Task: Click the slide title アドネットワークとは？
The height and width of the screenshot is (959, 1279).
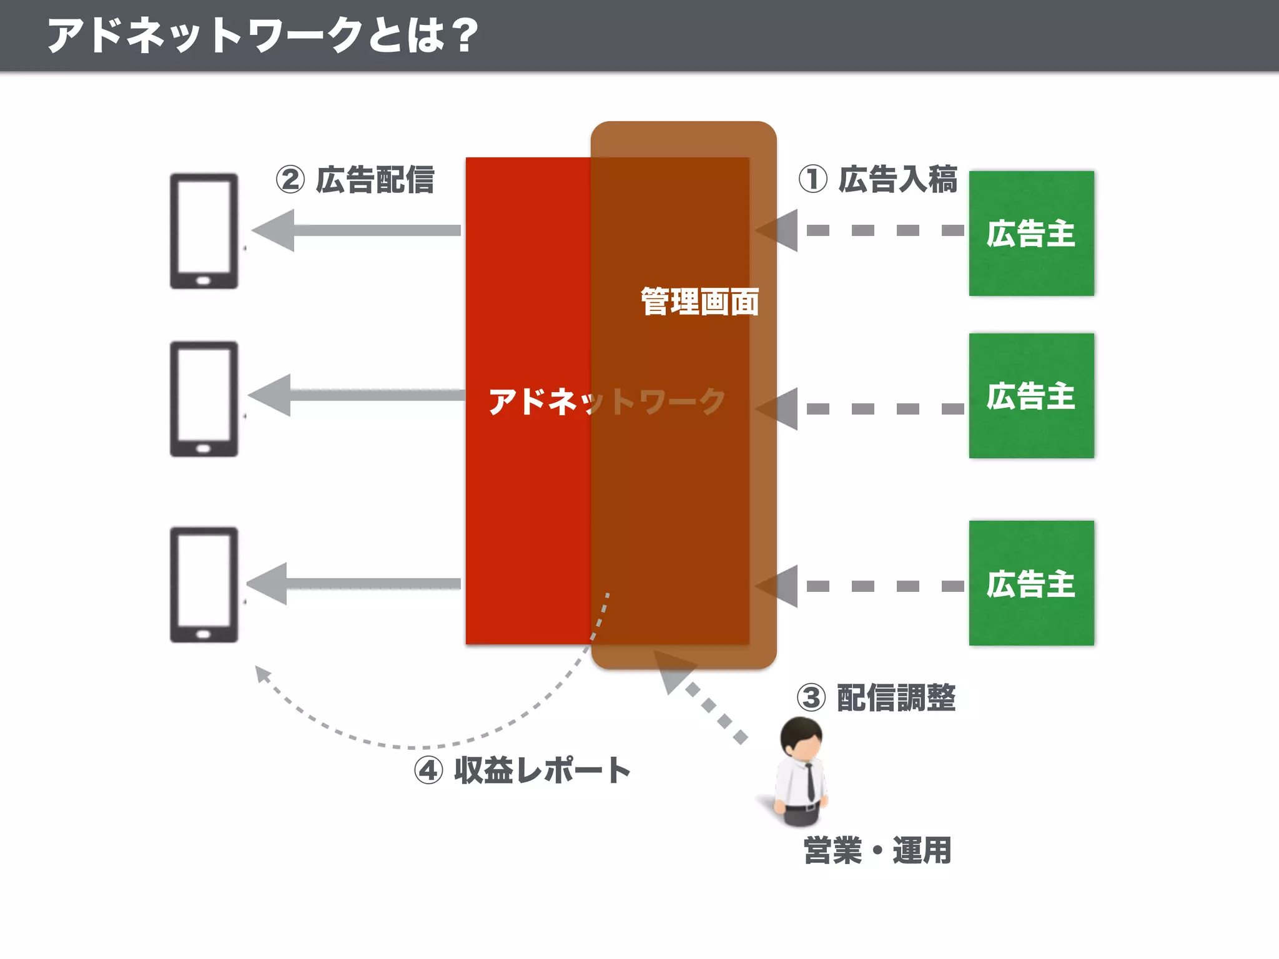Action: click(262, 35)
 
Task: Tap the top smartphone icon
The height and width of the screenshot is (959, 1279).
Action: click(204, 231)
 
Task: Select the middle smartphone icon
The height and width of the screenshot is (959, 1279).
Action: click(204, 399)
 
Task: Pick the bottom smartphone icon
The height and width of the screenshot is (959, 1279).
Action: click(204, 584)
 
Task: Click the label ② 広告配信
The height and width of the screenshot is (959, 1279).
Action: click(355, 180)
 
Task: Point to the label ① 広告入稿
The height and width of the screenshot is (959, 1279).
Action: click(877, 180)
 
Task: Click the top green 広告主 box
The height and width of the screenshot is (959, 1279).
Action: click(1031, 234)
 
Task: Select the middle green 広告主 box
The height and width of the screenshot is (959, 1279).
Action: click(1031, 396)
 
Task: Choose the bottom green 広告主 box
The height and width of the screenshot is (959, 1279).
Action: click(1031, 583)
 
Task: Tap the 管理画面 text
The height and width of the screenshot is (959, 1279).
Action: click(699, 302)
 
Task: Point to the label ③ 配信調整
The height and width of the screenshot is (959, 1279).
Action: click(876, 697)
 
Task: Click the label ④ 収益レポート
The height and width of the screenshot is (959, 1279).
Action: click(522, 770)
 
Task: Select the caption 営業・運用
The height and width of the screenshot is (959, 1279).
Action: click(877, 850)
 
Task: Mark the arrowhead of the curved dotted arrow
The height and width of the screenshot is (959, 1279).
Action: click(262, 674)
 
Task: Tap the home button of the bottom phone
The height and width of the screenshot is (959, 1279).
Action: click(204, 634)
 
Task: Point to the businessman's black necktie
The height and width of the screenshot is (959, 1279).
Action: click(809, 781)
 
